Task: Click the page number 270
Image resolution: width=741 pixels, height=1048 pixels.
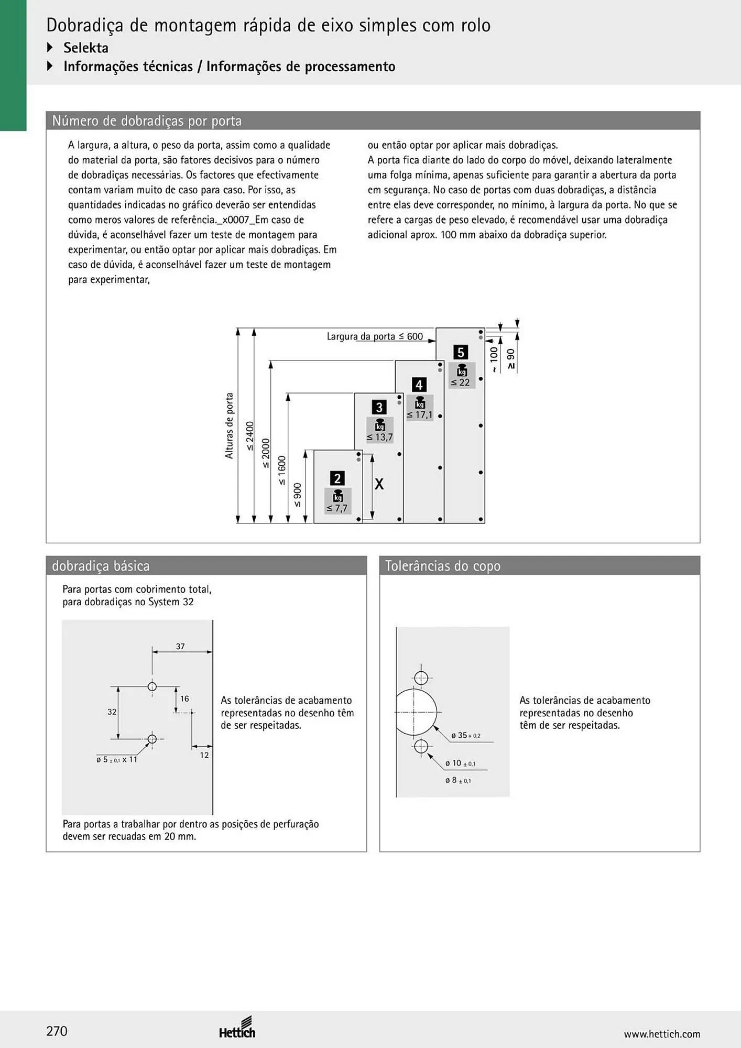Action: (57, 1031)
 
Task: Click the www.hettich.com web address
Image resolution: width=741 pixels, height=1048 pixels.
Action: (662, 1034)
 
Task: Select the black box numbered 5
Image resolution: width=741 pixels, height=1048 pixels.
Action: (461, 352)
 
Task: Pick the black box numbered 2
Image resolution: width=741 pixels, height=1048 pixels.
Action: (337, 478)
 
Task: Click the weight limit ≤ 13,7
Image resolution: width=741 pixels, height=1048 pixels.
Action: (379, 437)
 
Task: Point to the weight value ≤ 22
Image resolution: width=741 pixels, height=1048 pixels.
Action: (461, 382)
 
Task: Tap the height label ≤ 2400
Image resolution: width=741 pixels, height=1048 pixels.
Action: (250, 436)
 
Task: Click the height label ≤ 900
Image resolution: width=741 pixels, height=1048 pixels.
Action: (298, 495)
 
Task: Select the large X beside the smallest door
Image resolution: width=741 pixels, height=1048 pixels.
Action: (379, 484)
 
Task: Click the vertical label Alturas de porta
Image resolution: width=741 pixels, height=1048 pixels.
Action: (229, 425)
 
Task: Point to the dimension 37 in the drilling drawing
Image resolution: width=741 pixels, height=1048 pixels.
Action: (180, 646)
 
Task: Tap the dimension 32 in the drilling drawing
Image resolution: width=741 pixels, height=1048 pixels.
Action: (112, 712)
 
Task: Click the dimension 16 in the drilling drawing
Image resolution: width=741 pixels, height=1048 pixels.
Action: (184, 698)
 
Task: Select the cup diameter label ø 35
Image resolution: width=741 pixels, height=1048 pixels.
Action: (465, 735)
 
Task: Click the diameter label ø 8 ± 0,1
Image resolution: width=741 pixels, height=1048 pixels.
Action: (458, 780)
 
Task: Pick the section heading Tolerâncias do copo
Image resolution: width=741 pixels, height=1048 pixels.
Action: (443, 566)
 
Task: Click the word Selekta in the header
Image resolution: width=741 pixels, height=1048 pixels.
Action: (86, 48)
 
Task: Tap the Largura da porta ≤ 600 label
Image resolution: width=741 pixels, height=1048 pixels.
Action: (375, 336)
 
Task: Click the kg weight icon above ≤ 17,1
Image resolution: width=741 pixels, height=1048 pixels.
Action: (420, 402)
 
